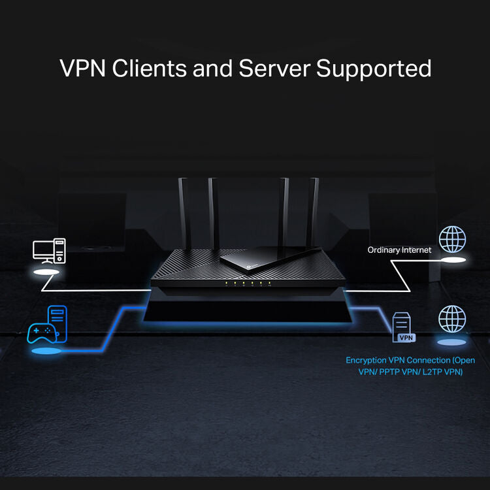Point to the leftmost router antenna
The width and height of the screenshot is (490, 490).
(x=184, y=216)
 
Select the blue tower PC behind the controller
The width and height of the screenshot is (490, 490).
(x=57, y=321)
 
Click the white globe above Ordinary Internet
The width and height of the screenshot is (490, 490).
(x=452, y=240)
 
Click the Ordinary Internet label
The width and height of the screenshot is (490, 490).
(x=399, y=250)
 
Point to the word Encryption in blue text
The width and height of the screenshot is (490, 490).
(x=367, y=360)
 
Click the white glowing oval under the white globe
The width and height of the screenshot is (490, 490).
(x=453, y=260)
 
